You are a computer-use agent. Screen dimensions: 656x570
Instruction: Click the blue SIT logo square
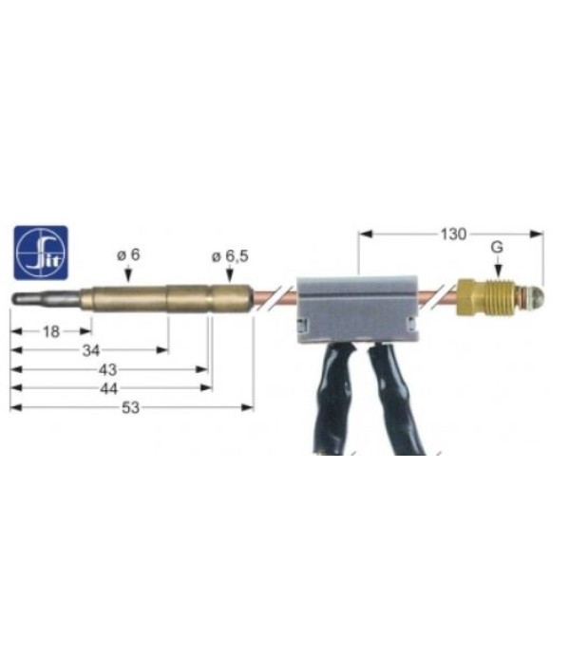[41, 252]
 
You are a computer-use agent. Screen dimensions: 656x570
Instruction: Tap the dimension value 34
[91, 350]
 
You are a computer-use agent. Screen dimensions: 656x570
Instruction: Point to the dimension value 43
[108, 369]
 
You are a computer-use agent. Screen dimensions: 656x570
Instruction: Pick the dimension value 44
[108, 388]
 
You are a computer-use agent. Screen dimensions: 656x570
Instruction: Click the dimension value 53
[132, 407]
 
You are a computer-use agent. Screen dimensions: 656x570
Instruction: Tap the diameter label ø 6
[128, 254]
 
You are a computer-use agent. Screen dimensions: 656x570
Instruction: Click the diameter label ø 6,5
[229, 254]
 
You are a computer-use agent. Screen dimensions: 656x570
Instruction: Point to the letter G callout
[497, 249]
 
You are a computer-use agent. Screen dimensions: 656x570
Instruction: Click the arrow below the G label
[497, 270]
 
